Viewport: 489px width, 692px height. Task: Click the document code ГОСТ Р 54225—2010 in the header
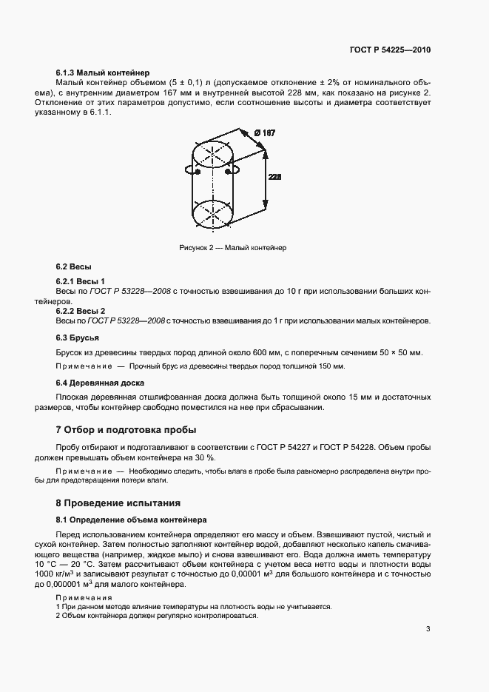(390, 50)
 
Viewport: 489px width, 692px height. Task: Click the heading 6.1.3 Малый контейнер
(103, 73)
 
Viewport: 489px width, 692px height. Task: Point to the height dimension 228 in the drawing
(274, 178)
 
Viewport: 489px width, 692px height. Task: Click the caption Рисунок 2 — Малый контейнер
(232, 248)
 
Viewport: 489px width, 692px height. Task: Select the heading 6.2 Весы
(74, 266)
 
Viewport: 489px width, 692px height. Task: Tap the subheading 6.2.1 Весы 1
(81, 282)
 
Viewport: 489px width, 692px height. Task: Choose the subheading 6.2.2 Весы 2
(81, 311)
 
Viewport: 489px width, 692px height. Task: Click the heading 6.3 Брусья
(78, 337)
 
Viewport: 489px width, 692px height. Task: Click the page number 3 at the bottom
(428, 630)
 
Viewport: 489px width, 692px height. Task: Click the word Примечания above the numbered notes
(79, 597)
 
